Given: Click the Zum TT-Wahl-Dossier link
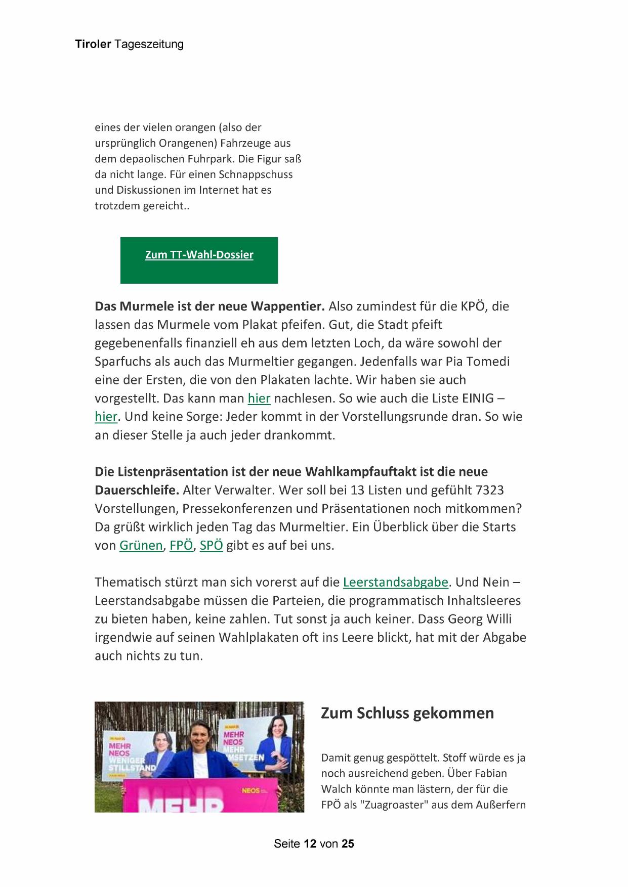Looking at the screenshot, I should [199, 255].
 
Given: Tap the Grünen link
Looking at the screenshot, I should [141, 546].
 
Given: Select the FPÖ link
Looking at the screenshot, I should [181, 546].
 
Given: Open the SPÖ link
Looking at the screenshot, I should [211, 546].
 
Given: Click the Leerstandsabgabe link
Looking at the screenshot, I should [395, 582].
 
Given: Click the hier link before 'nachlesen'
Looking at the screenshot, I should [259, 398].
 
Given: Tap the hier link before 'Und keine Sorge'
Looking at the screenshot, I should [106, 417].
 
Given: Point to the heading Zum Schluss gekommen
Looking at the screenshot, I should [407, 713].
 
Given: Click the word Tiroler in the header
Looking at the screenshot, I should [93, 45].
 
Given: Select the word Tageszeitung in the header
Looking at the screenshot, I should [149, 45].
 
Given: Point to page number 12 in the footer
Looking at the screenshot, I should [310, 844].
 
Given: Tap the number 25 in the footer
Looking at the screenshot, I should [348, 844].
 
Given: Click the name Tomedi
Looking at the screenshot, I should [485, 362].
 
